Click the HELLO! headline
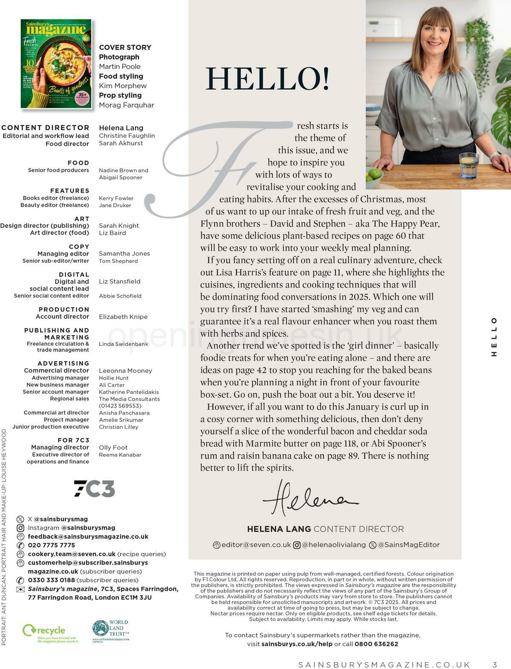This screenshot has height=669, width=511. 267,79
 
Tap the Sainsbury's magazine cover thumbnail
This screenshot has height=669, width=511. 56,63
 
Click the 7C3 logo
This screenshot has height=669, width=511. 95,488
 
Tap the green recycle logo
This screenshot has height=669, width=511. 44,632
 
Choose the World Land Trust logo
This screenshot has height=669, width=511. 110,631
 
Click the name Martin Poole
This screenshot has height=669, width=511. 120,66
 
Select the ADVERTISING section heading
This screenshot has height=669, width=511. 63,363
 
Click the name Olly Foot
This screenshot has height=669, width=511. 113,447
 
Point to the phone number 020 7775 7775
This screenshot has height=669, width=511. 52,545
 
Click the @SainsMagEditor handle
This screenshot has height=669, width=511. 408,545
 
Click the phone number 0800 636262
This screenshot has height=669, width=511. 376,644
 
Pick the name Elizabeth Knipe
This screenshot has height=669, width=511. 123,317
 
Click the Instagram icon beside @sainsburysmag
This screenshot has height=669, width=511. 20,528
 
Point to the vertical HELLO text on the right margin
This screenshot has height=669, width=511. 494,337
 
